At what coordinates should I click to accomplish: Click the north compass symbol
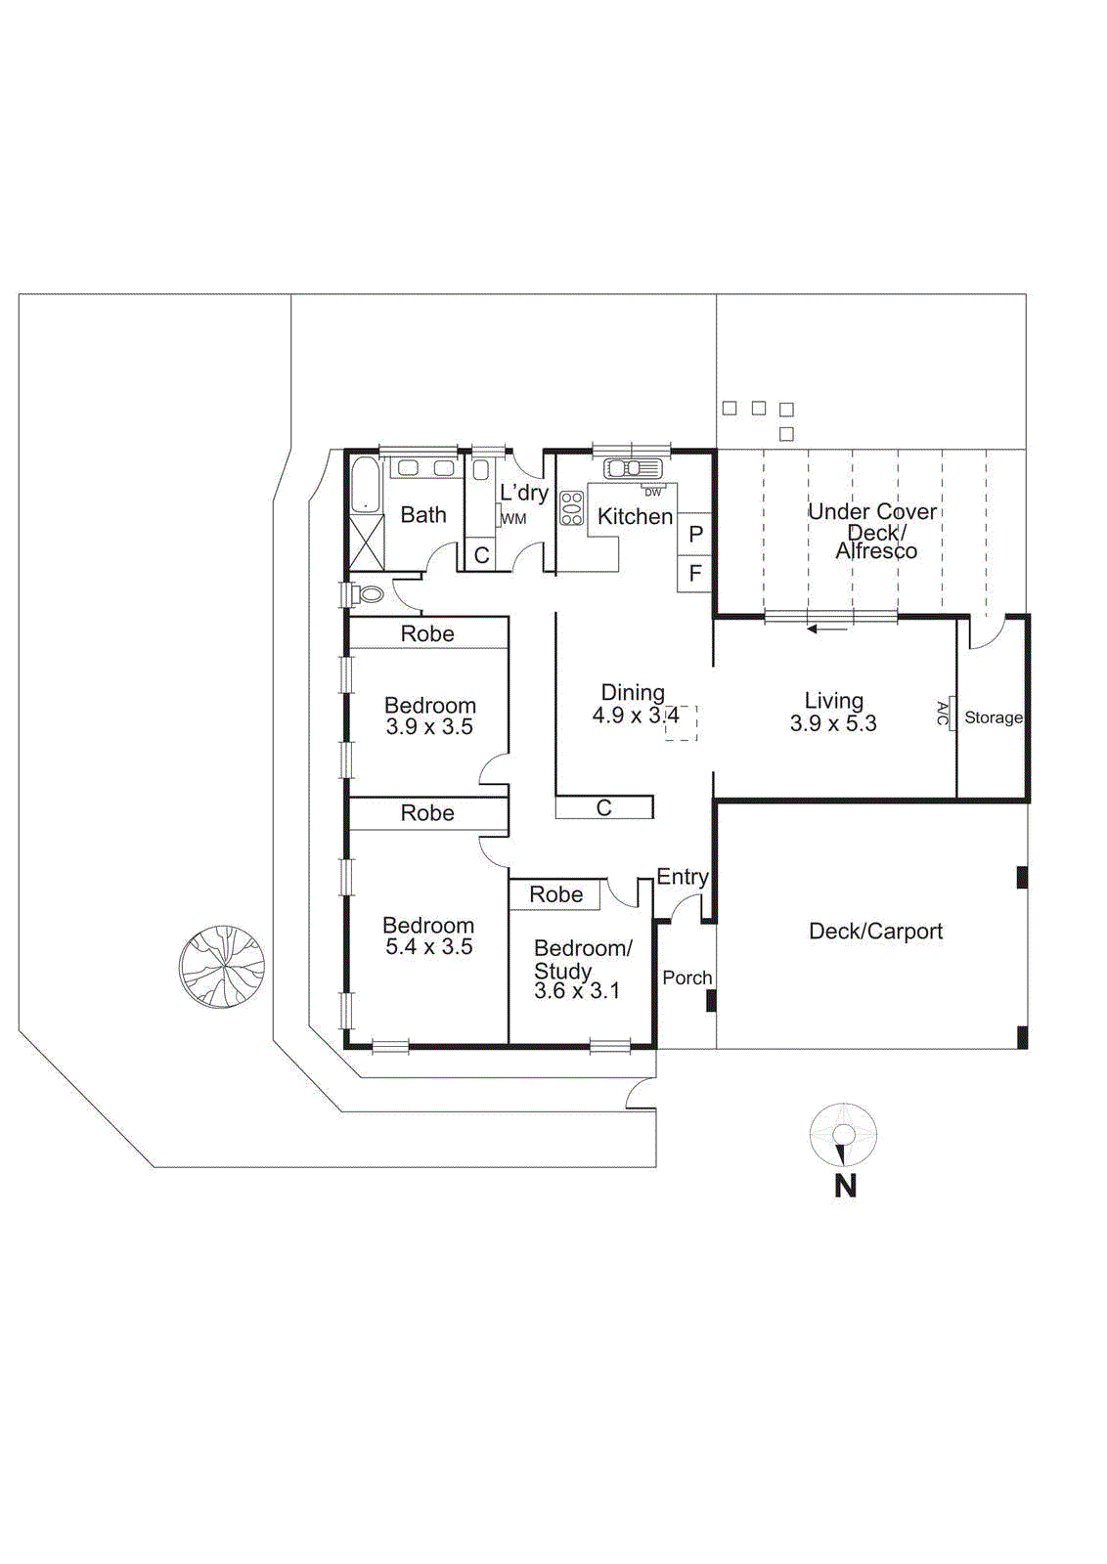coord(843,1135)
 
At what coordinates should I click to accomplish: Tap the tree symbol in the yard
coord(222,966)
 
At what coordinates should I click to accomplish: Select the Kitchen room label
coord(635,516)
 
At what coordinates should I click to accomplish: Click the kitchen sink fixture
coord(632,468)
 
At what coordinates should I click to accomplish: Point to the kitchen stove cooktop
coord(571,508)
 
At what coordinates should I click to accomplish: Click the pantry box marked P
coord(695,535)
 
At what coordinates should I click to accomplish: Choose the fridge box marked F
coord(695,574)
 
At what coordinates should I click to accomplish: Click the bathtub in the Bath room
coord(364,484)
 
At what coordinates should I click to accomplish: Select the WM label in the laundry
coord(514,519)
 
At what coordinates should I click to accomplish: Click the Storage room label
coord(993,717)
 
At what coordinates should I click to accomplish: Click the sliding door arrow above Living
coord(827,629)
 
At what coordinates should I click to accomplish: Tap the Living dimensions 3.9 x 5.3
coord(833,724)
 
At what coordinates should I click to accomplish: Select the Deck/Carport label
coord(875,932)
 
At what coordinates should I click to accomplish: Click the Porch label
coord(686,977)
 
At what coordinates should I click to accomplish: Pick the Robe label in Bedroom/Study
coord(555,894)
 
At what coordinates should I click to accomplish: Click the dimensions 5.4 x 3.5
coord(428,947)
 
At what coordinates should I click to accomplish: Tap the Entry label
coord(682,877)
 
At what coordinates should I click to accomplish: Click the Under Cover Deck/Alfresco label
coord(872,531)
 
